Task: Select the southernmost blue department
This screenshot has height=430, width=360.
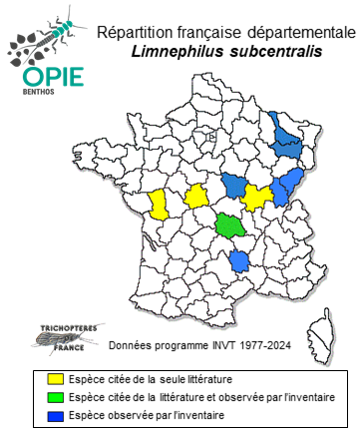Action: tap(239, 260)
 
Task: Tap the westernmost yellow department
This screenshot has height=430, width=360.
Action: tap(158, 204)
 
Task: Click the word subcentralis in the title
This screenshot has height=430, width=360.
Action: tap(278, 52)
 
